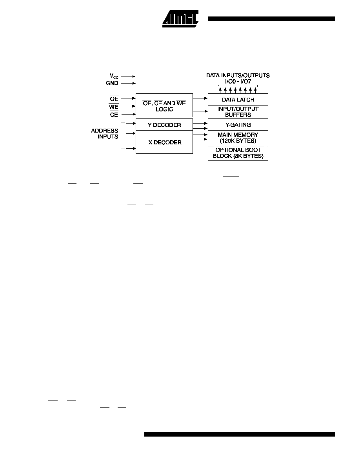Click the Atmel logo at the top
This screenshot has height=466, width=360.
180,19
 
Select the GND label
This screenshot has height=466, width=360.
112,83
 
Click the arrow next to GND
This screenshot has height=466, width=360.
128,84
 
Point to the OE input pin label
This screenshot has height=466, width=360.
114,99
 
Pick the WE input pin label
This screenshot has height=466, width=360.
113,107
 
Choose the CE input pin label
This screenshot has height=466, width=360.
114,115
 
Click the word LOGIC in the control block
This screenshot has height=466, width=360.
164,109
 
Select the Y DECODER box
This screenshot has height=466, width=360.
164,124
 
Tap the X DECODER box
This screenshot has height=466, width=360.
164,142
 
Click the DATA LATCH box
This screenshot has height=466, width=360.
238,100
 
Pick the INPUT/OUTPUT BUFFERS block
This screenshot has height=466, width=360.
238,112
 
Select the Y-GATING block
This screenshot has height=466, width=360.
238,124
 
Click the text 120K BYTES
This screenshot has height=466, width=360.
238,141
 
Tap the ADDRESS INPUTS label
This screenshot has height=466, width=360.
105,134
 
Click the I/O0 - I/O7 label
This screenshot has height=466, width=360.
238,82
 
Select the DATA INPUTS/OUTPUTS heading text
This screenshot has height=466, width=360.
238,75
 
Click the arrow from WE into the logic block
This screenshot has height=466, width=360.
128,106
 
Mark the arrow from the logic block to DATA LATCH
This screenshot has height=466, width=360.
200,98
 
